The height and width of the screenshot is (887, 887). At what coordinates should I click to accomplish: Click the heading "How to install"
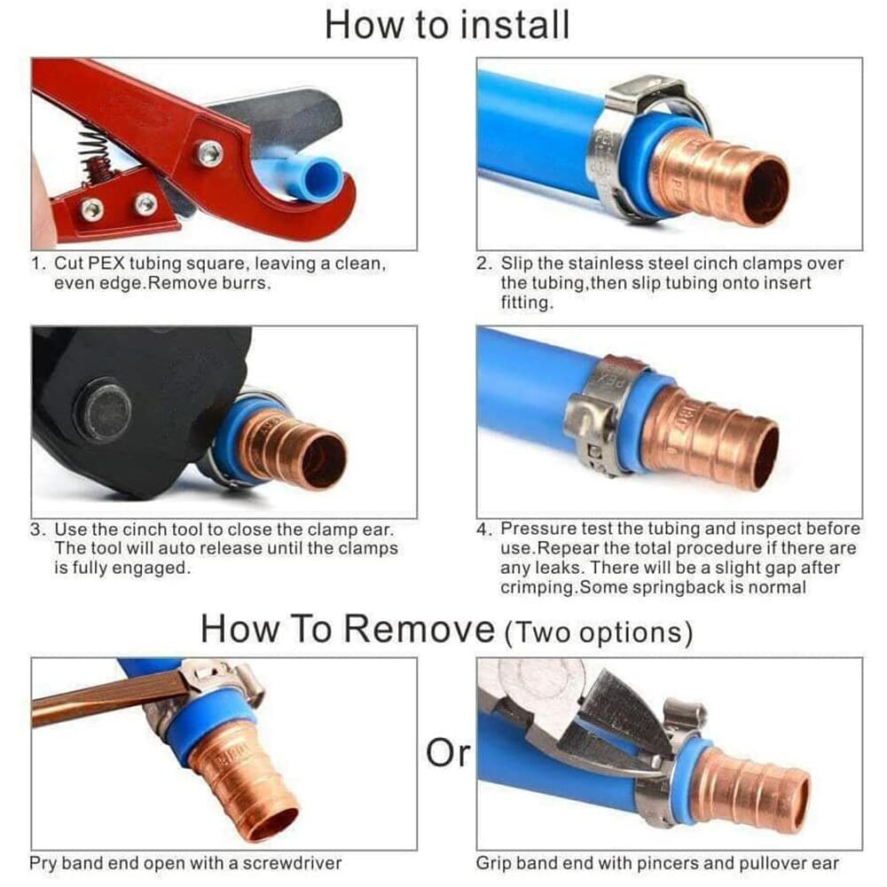[x=447, y=26]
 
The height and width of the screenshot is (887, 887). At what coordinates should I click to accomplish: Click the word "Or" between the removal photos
[x=447, y=753]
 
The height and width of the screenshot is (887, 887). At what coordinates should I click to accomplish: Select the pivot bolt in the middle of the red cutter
[x=209, y=153]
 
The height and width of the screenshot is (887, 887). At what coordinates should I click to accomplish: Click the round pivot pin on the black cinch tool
[x=107, y=410]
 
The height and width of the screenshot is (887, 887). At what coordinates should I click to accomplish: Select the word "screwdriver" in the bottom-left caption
[x=292, y=863]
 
